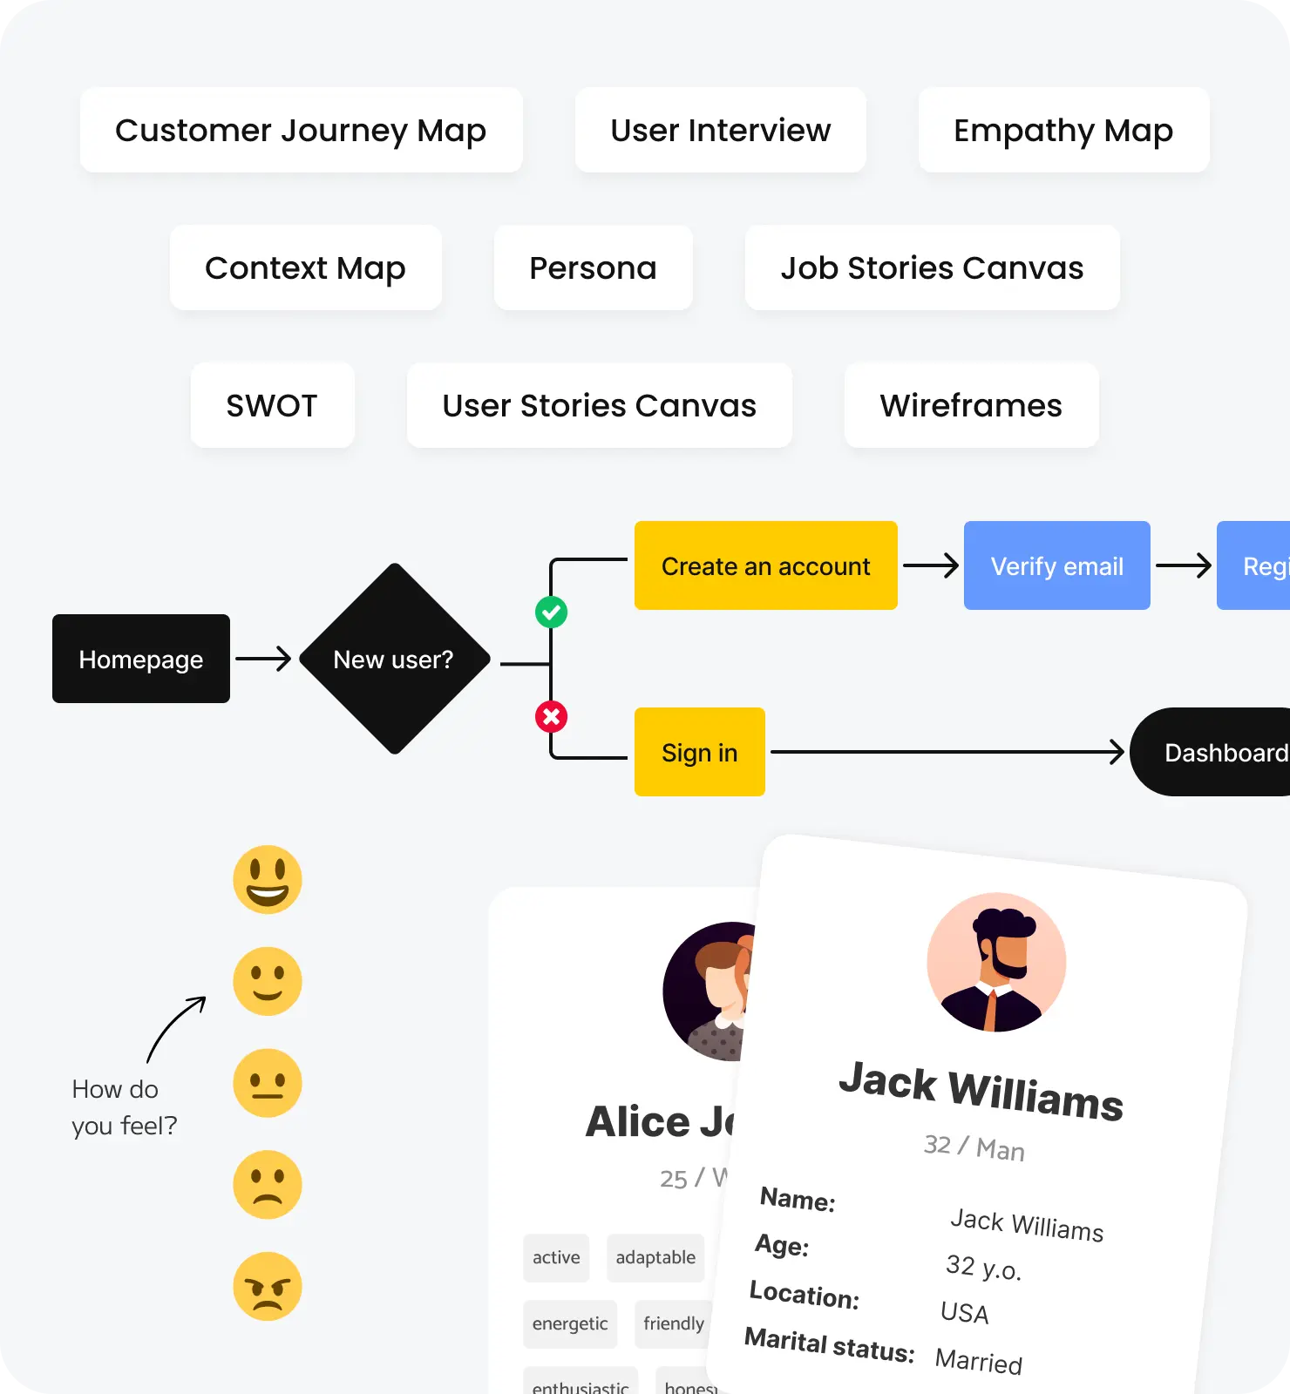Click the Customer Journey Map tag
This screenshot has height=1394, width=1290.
tap(301, 130)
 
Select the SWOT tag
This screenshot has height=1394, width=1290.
tap(272, 405)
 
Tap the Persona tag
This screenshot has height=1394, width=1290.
tap(593, 267)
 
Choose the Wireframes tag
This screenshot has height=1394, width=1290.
tap(971, 405)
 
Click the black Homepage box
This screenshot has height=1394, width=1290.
tap(141, 659)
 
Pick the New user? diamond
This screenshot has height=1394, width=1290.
tap(394, 659)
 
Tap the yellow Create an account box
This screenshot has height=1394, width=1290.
tap(765, 565)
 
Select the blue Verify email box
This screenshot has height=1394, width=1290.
tap(1056, 565)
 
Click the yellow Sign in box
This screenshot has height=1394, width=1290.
tap(699, 752)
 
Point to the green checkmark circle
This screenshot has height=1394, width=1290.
tap(551, 612)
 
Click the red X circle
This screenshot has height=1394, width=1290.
tap(551, 717)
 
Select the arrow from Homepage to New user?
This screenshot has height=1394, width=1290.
tap(263, 659)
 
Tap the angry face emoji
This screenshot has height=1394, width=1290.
tap(268, 1286)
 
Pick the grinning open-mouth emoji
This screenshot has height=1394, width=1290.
tap(268, 879)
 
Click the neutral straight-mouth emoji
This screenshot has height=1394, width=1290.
tap(268, 1083)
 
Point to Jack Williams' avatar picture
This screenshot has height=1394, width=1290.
tap(996, 962)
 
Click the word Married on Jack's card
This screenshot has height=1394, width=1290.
tap(978, 1360)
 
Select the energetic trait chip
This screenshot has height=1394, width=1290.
tap(570, 1323)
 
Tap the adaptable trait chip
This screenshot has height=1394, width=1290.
tap(655, 1257)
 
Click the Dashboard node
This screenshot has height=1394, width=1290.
tap(1220, 752)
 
